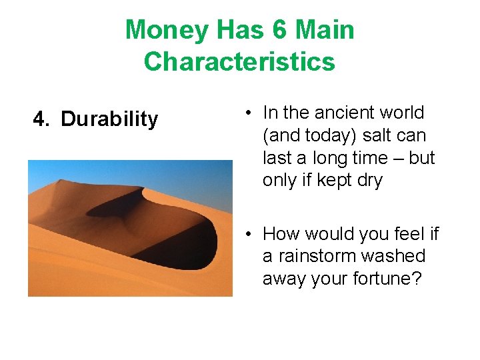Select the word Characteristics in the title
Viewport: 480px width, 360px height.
click(x=239, y=61)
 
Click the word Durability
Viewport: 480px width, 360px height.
click(x=109, y=119)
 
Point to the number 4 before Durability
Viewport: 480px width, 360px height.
click(x=41, y=119)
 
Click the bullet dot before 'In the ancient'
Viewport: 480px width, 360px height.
click(x=247, y=113)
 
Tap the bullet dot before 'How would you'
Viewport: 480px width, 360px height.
click(x=247, y=234)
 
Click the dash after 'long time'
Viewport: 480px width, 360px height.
click(x=383, y=159)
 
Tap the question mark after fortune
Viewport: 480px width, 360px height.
click(x=417, y=279)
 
